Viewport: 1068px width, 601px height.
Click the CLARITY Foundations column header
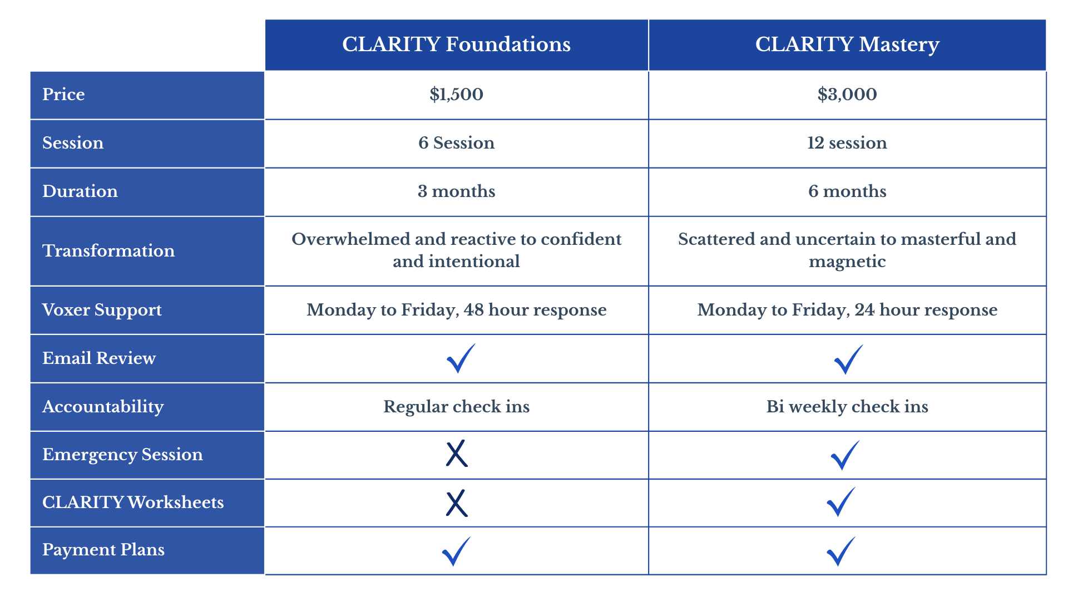click(x=456, y=45)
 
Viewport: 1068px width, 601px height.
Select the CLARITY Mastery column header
click(x=847, y=45)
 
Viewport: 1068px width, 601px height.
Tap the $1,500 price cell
click(x=456, y=94)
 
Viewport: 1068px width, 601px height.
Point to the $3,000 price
click(x=847, y=94)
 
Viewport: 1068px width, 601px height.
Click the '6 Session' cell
click(x=456, y=142)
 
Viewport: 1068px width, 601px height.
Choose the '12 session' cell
click(x=847, y=142)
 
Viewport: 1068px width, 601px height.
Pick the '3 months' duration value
click(x=456, y=191)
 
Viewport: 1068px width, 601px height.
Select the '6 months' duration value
click(x=847, y=191)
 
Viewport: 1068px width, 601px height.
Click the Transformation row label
click(x=108, y=250)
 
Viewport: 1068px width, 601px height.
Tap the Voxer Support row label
click(x=102, y=310)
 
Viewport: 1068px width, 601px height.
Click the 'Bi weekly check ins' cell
click(x=847, y=406)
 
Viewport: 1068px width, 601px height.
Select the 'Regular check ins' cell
click(x=456, y=406)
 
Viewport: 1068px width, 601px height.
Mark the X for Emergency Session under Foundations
click(x=457, y=454)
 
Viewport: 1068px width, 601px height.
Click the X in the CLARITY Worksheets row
click(x=457, y=504)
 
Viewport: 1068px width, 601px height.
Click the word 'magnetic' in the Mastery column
click(x=847, y=262)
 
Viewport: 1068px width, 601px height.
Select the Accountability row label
click(x=103, y=407)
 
